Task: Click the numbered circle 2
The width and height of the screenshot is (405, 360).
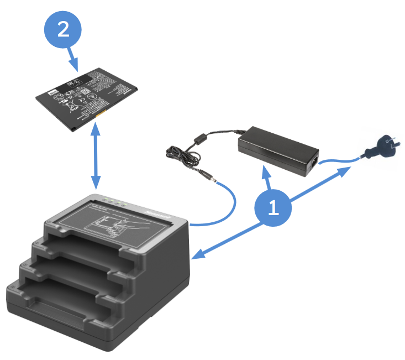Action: click(64, 28)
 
